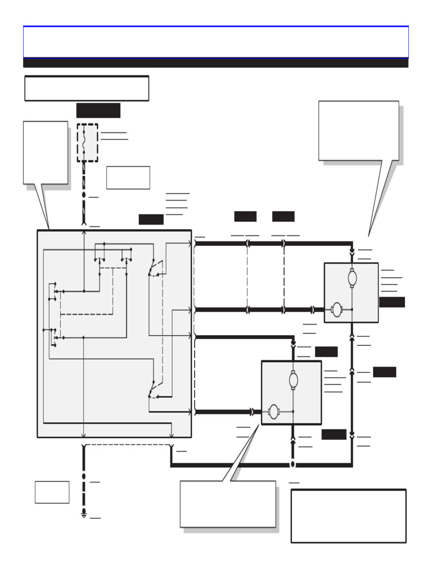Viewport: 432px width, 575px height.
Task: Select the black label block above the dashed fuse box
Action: pos(98,111)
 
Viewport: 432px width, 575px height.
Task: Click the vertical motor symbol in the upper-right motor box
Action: pos(352,278)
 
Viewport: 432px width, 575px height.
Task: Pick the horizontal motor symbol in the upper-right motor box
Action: pos(336,309)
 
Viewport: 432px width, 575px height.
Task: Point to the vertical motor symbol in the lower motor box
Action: pos(293,380)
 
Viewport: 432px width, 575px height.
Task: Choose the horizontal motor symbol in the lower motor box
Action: pos(274,412)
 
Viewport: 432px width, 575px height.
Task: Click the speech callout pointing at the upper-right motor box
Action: pos(358,131)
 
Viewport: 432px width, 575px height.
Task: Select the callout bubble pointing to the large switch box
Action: pos(45,153)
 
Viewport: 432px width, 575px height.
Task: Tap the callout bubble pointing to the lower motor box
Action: pos(227,504)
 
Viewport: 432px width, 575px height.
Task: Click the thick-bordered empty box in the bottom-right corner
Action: pos(348,515)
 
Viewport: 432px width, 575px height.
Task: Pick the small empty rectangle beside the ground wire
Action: pos(52,492)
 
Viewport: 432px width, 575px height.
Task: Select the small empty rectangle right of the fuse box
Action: pos(128,177)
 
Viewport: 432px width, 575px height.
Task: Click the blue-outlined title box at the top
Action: pos(215,42)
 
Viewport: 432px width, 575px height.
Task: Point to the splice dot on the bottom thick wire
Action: pos(292,464)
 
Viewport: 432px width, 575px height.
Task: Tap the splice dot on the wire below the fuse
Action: pos(84,195)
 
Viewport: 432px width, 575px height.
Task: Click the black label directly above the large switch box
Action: pos(151,220)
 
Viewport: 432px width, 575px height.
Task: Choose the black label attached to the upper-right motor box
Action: pos(391,302)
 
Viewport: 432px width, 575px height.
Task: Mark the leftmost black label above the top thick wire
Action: pos(245,216)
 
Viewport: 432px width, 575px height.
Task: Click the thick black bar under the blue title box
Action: pos(215,63)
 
